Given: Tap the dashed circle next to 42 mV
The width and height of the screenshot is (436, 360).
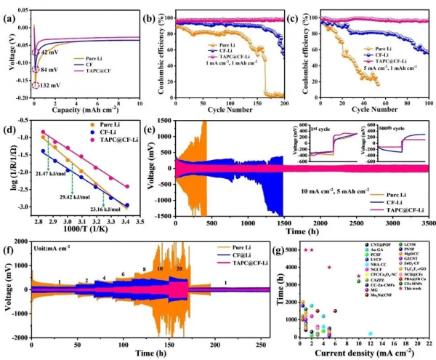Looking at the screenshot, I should (x=34, y=52).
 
